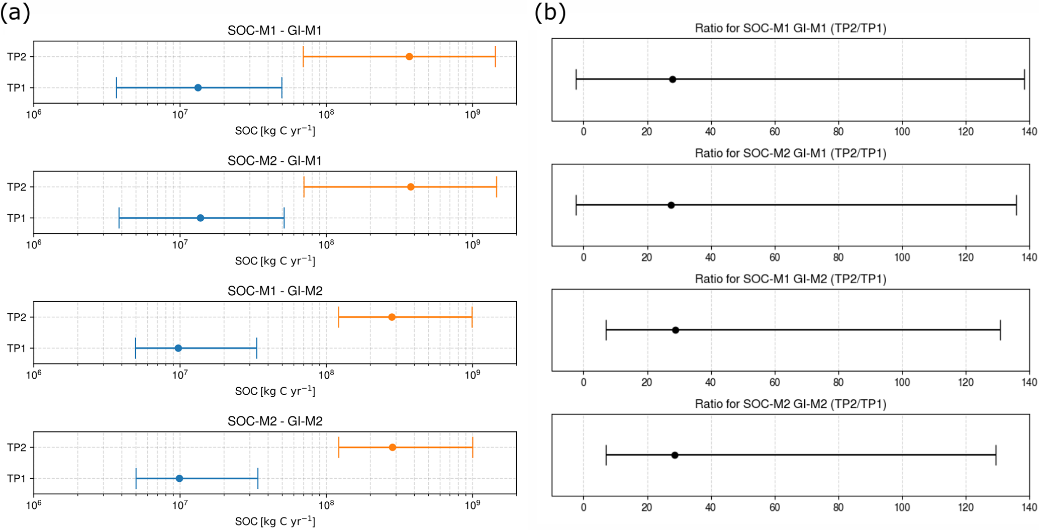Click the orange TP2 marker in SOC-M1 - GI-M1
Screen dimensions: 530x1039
[x=409, y=57]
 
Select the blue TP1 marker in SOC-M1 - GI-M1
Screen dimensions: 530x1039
[x=198, y=88]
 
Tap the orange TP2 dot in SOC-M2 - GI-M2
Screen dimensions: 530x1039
[x=393, y=448]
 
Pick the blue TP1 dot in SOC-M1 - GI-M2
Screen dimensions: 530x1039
[x=178, y=348]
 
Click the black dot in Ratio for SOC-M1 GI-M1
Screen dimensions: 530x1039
[x=673, y=79]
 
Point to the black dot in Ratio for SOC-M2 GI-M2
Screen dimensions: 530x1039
[x=675, y=455]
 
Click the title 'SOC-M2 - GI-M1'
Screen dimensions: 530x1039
[x=274, y=161]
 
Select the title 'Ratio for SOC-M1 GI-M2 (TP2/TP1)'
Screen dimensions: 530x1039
[x=790, y=279]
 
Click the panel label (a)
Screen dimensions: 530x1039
[x=15, y=13]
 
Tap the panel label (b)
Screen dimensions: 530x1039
[x=550, y=13]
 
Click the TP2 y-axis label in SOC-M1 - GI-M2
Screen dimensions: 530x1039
[x=16, y=317]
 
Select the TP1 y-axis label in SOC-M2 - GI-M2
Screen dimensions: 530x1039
[x=16, y=479]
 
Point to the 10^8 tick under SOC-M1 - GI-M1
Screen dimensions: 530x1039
[x=326, y=115]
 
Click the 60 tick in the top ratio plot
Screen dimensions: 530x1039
[x=775, y=132]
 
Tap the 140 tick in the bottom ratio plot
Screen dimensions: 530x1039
[x=1029, y=507]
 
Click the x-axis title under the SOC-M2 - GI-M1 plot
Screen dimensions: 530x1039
[x=275, y=261]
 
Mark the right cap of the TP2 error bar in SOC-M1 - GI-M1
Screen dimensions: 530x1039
[x=496, y=57]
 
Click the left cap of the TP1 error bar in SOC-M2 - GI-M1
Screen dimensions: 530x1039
[x=119, y=218]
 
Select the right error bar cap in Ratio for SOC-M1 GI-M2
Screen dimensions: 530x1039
[x=1000, y=330]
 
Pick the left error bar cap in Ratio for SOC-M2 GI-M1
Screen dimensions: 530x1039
[x=576, y=205]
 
